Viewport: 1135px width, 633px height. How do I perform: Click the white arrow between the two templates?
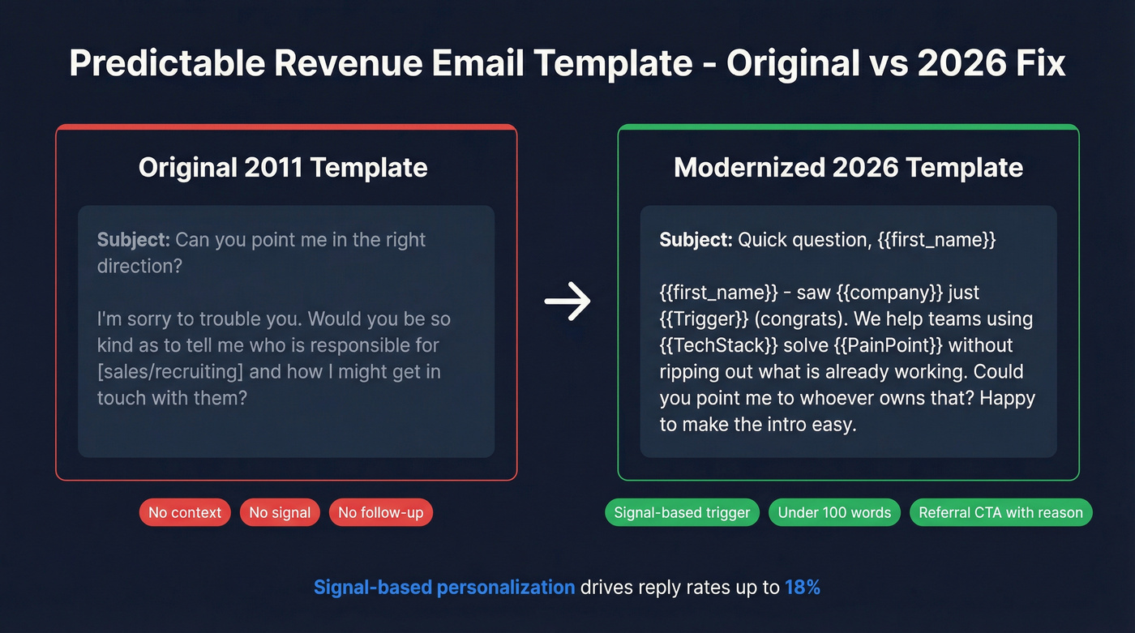pyautogui.click(x=567, y=301)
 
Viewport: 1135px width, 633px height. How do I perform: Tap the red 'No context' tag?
pyautogui.click(x=185, y=512)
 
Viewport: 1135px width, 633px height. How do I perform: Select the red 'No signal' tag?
pyautogui.click(x=280, y=512)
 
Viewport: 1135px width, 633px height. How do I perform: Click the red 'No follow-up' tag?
pyautogui.click(x=381, y=512)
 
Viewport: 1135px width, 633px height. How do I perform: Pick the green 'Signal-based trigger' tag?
pyautogui.click(x=682, y=512)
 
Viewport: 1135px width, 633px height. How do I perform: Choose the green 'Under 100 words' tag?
pyautogui.click(x=834, y=512)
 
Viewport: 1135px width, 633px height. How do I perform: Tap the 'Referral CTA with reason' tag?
pyautogui.click(x=1000, y=512)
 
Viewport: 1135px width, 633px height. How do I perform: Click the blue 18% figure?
pyautogui.click(x=803, y=587)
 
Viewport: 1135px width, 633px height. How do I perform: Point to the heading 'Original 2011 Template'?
pyautogui.click(x=283, y=168)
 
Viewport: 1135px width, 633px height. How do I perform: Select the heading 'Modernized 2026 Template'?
pyautogui.click(x=848, y=168)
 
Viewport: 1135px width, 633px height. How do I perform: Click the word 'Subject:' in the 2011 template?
pyautogui.click(x=133, y=240)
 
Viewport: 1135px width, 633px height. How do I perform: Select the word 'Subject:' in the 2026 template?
pyautogui.click(x=696, y=240)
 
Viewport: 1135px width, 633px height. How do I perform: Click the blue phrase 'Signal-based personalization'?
pyautogui.click(x=444, y=587)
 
